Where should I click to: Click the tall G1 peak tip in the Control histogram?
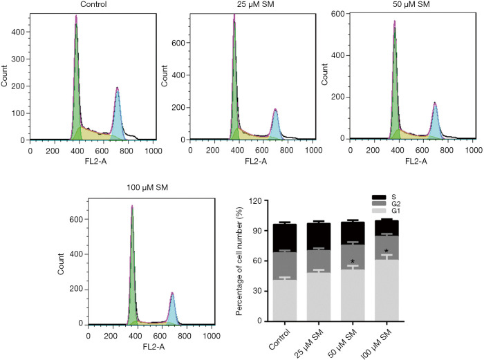(76, 17)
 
